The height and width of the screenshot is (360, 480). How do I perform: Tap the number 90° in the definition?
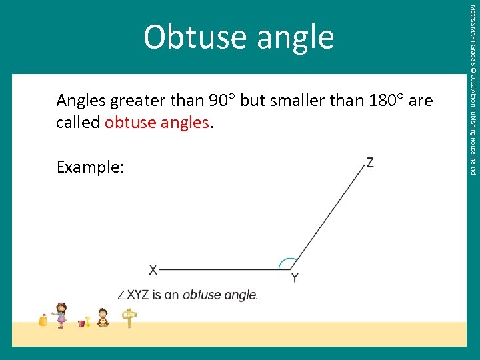tap(222, 101)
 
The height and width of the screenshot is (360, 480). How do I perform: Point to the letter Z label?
tap(369, 162)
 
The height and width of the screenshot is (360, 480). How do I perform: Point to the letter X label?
tap(153, 270)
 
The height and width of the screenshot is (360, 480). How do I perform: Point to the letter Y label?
tap(294, 278)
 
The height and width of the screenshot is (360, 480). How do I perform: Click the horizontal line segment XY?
tap(220, 269)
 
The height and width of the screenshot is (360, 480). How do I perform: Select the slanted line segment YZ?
tap(327, 219)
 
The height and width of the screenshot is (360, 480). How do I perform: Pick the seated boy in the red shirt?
tap(103, 317)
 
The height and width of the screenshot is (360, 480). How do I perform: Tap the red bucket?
tap(82, 323)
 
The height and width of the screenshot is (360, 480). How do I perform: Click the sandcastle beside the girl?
tap(43, 320)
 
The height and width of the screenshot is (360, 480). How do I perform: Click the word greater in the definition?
tap(137, 101)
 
